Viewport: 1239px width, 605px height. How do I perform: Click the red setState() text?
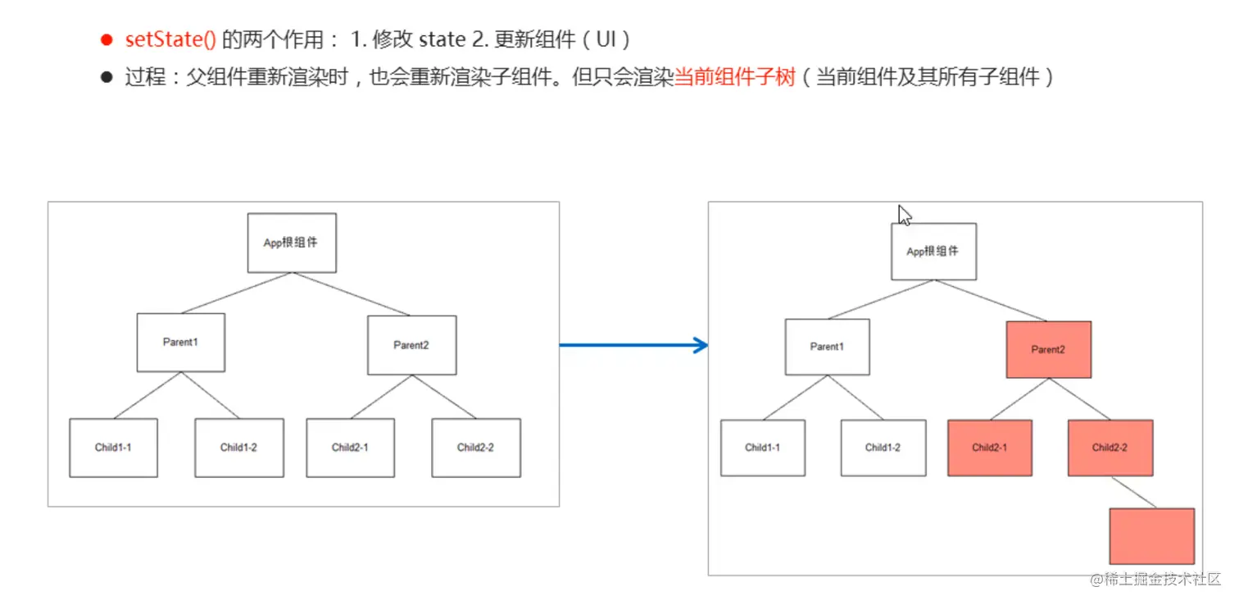pos(170,39)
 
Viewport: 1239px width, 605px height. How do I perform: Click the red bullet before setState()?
pos(105,39)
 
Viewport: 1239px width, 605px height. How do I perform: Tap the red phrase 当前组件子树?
pos(734,78)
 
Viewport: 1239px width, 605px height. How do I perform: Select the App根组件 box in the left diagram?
pos(292,243)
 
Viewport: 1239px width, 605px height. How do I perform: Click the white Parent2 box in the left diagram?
pos(411,344)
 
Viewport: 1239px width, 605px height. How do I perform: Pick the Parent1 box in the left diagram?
pos(180,342)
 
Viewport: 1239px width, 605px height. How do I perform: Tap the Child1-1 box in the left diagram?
pos(113,448)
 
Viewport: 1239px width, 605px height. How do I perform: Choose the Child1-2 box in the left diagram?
pos(239,448)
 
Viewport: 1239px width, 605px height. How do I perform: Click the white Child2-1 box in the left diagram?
pos(350,448)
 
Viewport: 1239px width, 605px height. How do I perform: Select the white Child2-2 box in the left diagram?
pos(475,448)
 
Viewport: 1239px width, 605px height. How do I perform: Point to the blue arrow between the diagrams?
pos(633,345)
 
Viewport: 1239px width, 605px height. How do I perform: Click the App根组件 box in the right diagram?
pos(933,251)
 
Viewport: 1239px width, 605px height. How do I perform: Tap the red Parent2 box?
pos(1048,349)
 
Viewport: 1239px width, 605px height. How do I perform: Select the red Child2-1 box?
pos(990,448)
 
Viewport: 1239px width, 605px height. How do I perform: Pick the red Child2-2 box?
pos(1110,448)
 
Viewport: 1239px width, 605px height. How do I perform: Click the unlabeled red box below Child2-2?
pos(1151,536)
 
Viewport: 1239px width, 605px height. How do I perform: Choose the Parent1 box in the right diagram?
pos(827,347)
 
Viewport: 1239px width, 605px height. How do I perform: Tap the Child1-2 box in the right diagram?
pos(883,448)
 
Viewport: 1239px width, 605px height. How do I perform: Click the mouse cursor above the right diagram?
pos(904,215)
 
